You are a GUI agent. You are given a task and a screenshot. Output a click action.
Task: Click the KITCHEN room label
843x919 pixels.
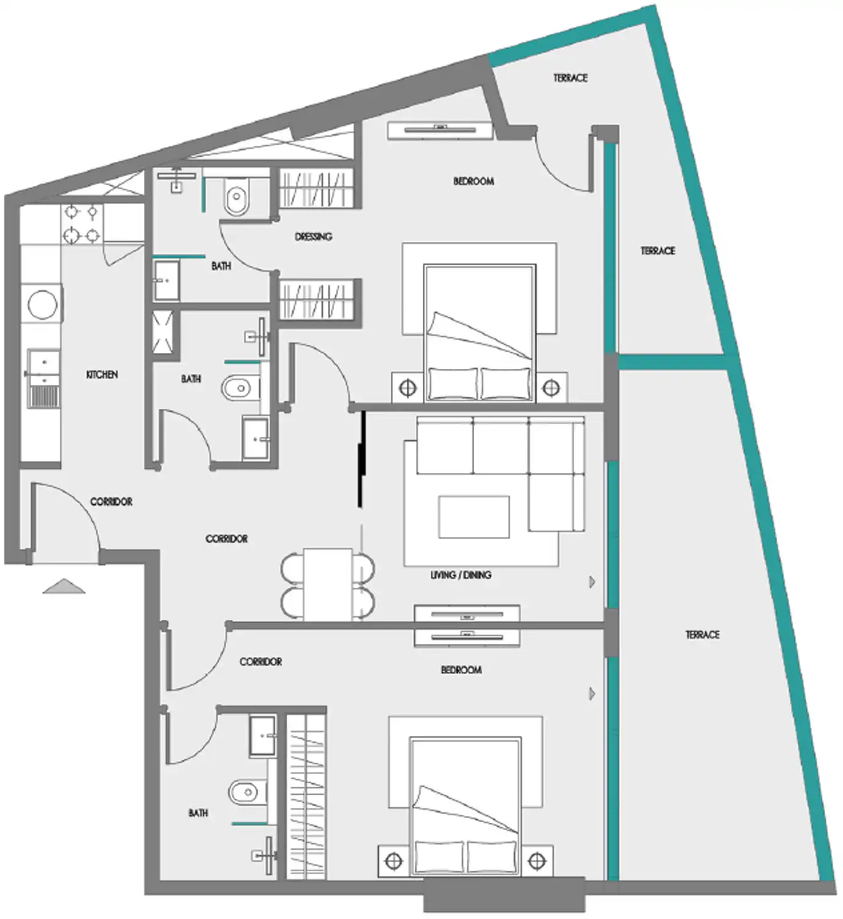pyautogui.click(x=102, y=374)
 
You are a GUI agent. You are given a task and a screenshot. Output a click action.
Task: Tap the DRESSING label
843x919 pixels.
pyautogui.click(x=313, y=236)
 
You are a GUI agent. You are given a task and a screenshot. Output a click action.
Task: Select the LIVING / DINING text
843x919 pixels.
pyautogui.click(x=461, y=575)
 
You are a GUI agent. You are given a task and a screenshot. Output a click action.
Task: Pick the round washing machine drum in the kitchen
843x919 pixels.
pyautogui.click(x=43, y=303)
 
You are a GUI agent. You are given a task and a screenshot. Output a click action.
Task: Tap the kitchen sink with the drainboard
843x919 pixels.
pyautogui.click(x=43, y=378)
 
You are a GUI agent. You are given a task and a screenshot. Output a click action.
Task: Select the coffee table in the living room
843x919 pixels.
pyautogui.click(x=474, y=517)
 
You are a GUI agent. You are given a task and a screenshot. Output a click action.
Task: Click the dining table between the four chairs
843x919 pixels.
pyautogui.click(x=328, y=584)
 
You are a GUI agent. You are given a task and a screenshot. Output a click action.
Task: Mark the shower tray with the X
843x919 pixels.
pyautogui.click(x=162, y=332)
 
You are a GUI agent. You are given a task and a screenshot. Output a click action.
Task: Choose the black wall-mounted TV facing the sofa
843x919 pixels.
pyautogui.click(x=362, y=459)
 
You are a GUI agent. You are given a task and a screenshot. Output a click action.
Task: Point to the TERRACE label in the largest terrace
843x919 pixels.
pyautogui.click(x=702, y=635)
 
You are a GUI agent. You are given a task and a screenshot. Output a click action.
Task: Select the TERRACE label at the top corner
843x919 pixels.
pyautogui.click(x=570, y=78)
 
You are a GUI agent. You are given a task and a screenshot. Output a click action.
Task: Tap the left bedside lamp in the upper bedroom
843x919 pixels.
pyautogui.click(x=408, y=387)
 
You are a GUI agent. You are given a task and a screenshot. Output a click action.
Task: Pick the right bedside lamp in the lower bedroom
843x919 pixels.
pyautogui.click(x=537, y=861)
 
